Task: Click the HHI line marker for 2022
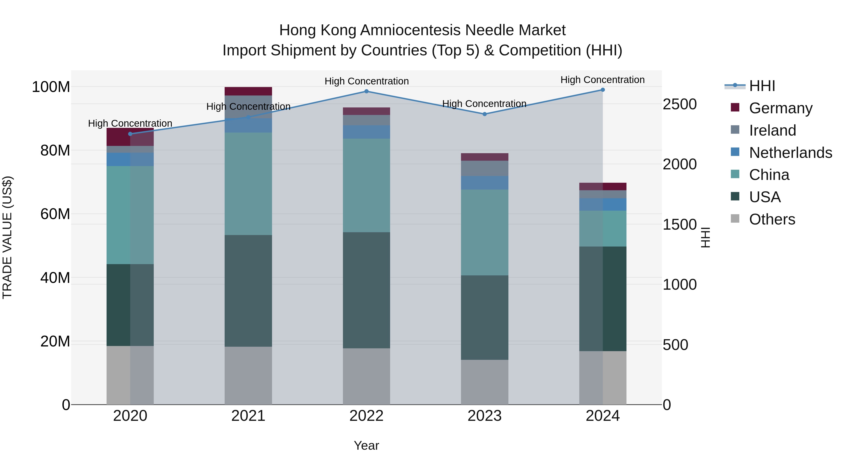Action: (366, 91)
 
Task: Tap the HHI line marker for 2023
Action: (484, 114)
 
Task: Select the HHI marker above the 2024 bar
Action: (603, 90)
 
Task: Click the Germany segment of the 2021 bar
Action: (248, 91)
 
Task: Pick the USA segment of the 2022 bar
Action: (366, 290)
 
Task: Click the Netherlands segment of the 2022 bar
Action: (366, 132)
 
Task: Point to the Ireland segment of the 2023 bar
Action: (484, 168)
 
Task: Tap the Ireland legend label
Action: (772, 130)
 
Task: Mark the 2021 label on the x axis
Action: (248, 416)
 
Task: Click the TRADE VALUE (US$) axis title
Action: (7, 237)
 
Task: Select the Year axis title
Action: (366, 445)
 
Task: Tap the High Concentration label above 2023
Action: (484, 104)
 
